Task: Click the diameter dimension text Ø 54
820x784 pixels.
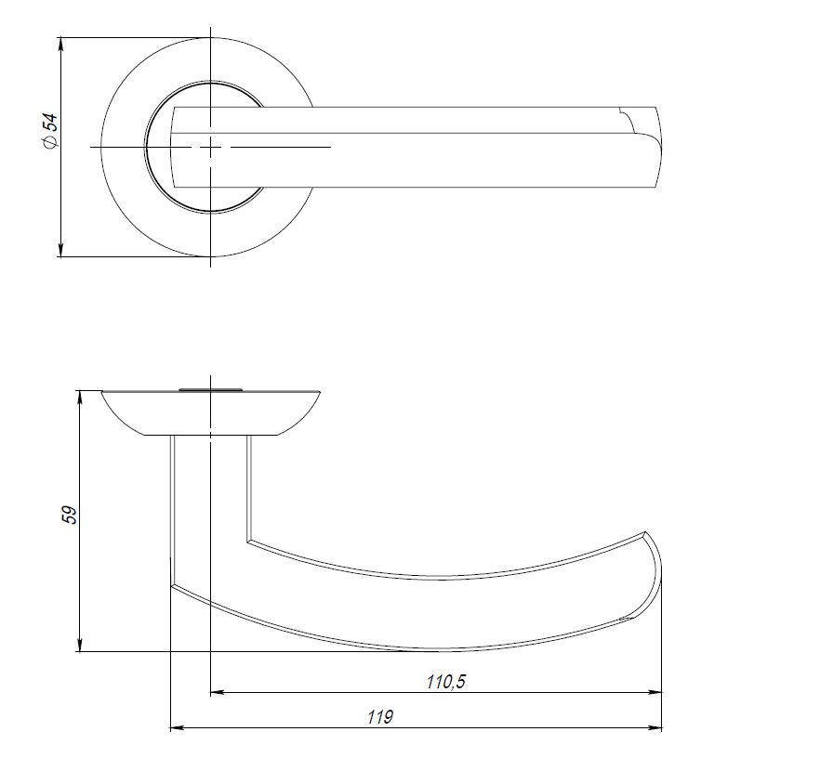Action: point(49,130)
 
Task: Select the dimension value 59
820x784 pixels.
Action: point(69,516)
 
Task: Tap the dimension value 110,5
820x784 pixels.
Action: point(445,682)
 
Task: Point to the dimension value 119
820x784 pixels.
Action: point(380,717)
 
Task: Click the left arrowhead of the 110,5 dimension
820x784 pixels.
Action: point(218,692)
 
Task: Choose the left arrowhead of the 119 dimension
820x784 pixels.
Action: point(177,728)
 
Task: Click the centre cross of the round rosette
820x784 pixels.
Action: point(212,147)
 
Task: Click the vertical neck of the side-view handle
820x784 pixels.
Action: point(210,492)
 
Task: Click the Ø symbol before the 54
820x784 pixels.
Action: point(49,142)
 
